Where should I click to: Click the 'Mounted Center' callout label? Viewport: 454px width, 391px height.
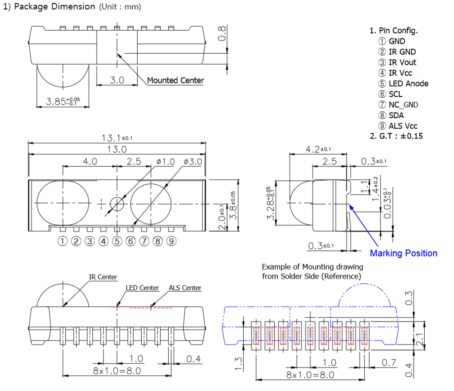[x=176, y=81]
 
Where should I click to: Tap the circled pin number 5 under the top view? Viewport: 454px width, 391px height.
[x=117, y=241]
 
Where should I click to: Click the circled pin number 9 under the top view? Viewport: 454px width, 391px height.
[x=171, y=241]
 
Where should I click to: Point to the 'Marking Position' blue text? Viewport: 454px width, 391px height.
[x=403, y=253]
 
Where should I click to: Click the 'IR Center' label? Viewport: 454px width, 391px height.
[x=103, y=277]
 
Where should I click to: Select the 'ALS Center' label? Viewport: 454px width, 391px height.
[x=185, y=288]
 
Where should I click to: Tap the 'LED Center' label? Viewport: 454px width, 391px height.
[x=142, y=288]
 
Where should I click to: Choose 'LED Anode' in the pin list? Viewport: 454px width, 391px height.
[x=408, y=84]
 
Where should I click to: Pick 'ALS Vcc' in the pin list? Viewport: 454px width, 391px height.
[x=403, y=126]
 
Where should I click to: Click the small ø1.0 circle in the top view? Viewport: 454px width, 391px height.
[x=117, y=204]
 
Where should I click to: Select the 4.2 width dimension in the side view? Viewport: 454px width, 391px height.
[x=315, y=149]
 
